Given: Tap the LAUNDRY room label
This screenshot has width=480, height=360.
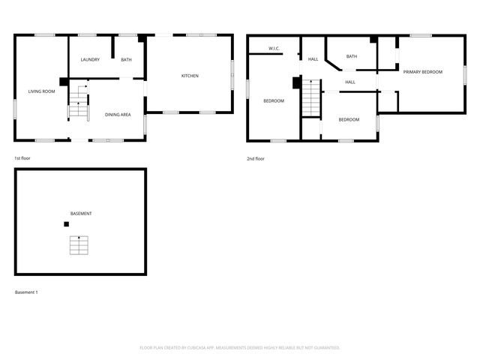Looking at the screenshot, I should pos(90,60).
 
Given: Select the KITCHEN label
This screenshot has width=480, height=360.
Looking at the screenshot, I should pos(190,76).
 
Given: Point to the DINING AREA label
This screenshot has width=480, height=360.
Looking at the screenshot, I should pos(118,115).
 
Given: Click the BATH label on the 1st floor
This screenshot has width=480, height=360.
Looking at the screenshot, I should pos(126,60).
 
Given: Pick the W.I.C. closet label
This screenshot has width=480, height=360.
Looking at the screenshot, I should pos(274,50).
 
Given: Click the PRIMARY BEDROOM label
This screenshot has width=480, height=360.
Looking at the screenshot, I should pos(422,72).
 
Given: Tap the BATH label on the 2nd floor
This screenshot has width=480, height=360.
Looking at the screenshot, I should pos(351,56).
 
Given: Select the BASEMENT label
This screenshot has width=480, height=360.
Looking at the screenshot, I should pos(81,214).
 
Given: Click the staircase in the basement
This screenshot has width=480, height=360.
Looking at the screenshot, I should pos(79,245).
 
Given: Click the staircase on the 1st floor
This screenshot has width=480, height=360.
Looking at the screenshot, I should pos(79,105).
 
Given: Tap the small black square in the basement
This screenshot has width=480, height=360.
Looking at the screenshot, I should pos(66,224).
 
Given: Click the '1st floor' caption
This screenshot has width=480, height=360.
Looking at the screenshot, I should pos(22,159).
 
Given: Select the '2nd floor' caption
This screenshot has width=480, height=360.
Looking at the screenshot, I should pos(256,159).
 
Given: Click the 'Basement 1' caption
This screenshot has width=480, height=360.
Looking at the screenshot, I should pos(26,292).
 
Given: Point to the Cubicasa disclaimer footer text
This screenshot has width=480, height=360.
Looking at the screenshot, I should pos(240,347).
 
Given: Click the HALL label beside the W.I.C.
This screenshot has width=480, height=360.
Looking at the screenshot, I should pos(313,58).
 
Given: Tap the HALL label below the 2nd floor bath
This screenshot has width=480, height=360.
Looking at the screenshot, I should pos(350,82).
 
